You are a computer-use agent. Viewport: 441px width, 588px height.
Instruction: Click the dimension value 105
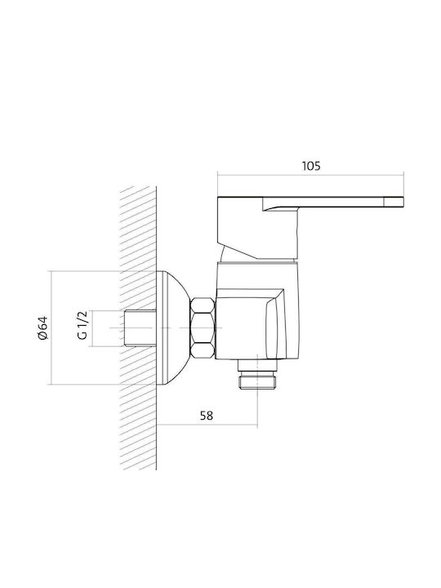[x=311, y=166]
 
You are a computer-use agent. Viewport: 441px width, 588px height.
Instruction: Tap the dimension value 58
[x=207, y=416]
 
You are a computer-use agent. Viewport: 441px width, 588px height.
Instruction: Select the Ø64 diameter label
[x=42, y=328]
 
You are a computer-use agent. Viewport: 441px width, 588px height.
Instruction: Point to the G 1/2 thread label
[x=82, y=325]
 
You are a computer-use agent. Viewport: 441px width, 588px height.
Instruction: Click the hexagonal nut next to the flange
[x=203, y=328]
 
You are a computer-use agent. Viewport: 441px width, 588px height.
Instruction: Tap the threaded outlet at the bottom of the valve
[x=257, y=379]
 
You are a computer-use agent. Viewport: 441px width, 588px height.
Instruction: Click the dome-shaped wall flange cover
[x=172, y=328]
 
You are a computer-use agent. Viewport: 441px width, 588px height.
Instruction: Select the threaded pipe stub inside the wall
[x=140, y=328]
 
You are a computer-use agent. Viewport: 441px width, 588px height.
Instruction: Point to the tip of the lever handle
[x=403, y=202]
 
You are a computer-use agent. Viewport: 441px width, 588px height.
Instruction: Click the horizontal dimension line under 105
[x=311, y=175]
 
